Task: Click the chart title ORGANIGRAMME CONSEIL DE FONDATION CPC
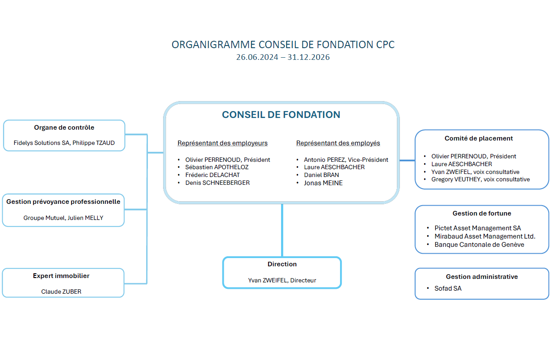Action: click(283, 45)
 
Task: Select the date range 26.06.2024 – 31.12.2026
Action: click(283, 57)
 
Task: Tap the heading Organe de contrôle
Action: click(64, 128)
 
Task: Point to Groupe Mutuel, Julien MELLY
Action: click(63, 218)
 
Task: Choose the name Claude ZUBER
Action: click(61, 291)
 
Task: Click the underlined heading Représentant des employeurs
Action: click(223, 143)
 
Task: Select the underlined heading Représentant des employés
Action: click(338, 143)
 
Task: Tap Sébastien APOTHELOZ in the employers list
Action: click(217, 167)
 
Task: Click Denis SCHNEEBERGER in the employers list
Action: click(217, 183)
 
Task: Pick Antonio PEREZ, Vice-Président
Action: click(346, 160)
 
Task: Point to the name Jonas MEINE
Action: click(323, 183)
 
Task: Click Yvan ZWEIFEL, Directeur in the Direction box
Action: click(282, 280)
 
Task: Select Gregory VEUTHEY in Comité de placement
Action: click(481, 179)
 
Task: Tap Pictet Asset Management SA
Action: click(478, 228)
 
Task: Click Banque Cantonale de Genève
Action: click(479, 245)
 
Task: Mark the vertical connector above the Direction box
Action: click(282, 230)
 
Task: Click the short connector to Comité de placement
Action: click(407, 160)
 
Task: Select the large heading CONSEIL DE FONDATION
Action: click(281, 115)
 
